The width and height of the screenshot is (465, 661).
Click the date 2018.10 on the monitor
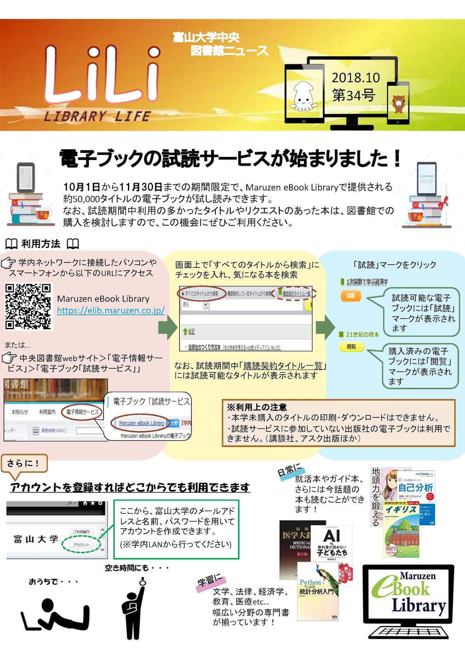point(356,78)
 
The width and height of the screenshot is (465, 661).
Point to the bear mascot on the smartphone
point(398,104)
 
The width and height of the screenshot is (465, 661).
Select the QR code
point(28,306)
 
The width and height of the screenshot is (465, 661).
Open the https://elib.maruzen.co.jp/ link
point(111,311)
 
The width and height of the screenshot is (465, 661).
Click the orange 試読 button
point(351,295)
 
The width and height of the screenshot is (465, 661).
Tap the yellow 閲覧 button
point(351,347)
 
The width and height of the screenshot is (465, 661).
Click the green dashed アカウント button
point(81,545)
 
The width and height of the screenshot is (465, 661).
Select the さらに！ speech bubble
point(24,463)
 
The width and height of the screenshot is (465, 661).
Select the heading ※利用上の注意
point(257,407)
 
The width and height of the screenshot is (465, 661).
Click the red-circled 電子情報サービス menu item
point(82,412)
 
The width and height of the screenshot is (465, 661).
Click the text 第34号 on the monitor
point(354,96)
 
